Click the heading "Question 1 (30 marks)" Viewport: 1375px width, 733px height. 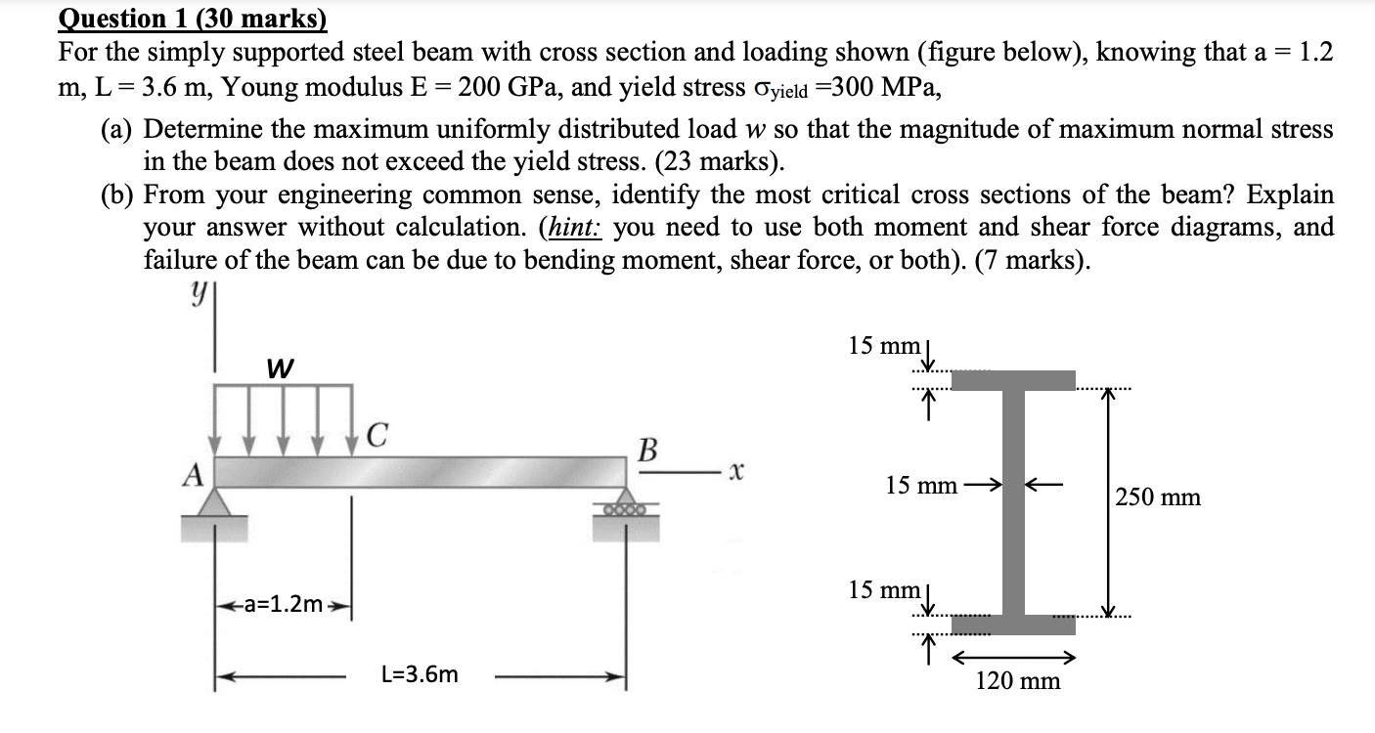[193, 19]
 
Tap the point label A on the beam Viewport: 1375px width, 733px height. [196, 475]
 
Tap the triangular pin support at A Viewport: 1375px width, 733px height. [214, 501]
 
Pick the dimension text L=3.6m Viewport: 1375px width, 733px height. [419, 674]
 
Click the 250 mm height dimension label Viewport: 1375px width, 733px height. [1159, 497]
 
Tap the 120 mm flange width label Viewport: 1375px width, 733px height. [1017, 681]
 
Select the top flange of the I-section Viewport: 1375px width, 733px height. [1013, 380]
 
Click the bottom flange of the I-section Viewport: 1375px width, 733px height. [1013, 623]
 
